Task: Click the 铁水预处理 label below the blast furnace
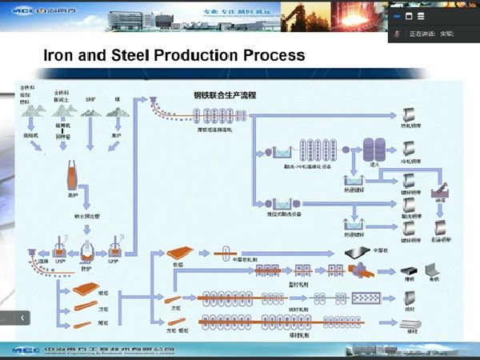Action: click(x=90, y=216)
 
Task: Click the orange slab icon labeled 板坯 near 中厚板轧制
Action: click(x=177, y=251)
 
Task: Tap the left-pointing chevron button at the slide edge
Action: click(x=22, y=318)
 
